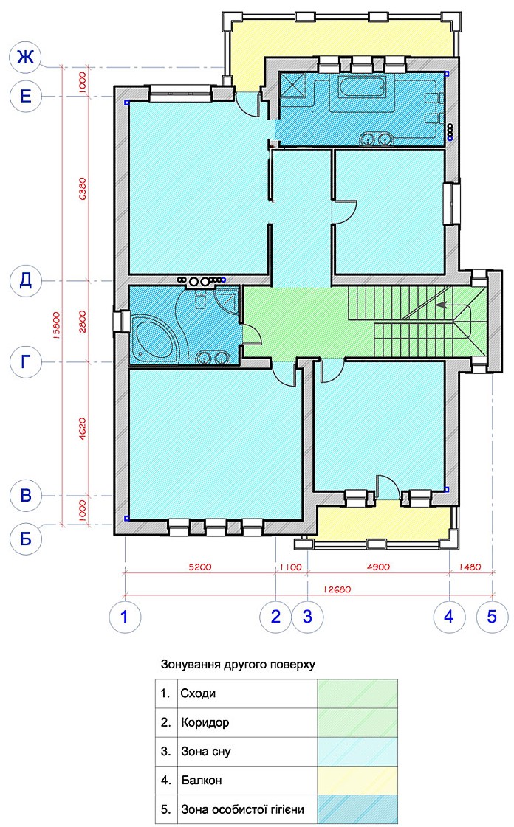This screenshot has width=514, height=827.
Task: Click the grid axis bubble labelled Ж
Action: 25,56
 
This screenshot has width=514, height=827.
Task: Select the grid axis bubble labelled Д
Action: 25,280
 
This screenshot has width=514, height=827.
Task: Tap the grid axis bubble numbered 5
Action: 492,616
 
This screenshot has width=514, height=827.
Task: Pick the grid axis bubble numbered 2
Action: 275,616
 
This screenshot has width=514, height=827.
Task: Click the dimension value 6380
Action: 82,188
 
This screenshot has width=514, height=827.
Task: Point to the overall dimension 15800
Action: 56,326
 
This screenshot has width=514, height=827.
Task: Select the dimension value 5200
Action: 200,567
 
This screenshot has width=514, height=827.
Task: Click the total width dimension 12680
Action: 337,589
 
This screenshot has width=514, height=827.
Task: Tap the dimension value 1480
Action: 470,567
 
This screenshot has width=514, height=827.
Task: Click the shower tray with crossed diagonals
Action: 293,85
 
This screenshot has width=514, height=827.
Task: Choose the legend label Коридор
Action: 205,722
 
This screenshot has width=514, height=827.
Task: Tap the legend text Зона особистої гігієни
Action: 242,809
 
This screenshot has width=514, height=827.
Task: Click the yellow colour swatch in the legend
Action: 357,780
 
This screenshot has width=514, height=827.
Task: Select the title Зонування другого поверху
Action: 238,664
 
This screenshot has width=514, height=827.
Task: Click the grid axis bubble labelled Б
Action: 25,539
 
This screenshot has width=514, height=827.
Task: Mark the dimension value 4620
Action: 82,429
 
